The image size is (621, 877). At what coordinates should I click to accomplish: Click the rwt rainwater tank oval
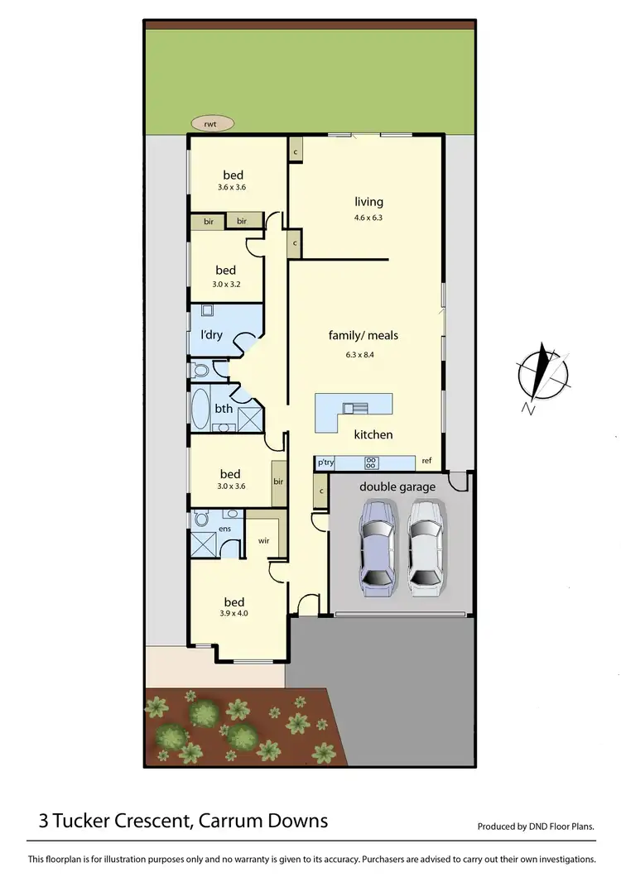(213, 123)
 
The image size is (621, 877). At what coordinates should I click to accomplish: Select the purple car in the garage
(377, 549)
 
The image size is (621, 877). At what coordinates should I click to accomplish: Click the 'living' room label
(368, 202)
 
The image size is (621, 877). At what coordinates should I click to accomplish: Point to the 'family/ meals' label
(363, 335)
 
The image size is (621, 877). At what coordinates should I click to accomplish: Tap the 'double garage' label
(397, 486)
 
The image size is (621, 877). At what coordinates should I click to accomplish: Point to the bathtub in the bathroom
(200, 409)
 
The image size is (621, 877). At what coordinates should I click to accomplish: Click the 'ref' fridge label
(426, 461)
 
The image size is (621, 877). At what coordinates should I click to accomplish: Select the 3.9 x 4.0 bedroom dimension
(233, 613)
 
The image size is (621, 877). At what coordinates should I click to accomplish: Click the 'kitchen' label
(373, 434)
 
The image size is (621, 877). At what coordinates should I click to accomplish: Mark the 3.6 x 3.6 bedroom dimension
(233, 187)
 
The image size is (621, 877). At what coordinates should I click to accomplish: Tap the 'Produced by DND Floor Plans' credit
(537, 827)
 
